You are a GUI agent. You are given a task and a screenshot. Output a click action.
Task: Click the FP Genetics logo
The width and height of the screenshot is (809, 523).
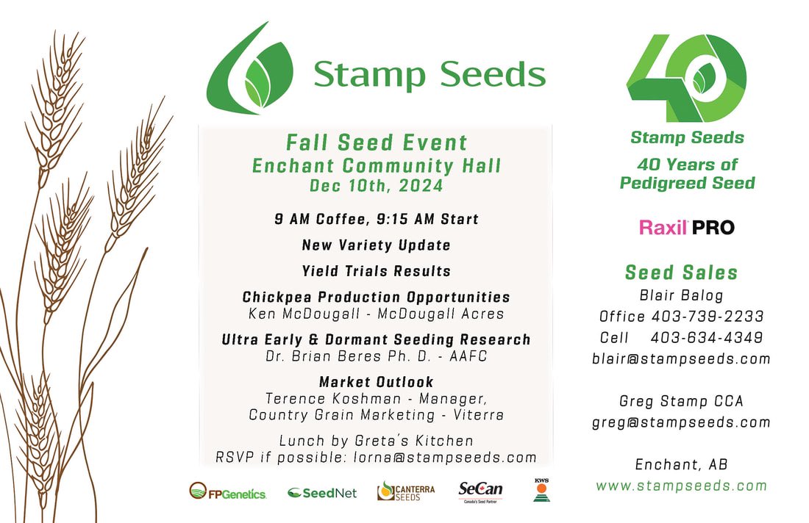pos(227,491)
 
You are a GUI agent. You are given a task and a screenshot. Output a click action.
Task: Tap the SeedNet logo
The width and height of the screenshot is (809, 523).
pos(321,492)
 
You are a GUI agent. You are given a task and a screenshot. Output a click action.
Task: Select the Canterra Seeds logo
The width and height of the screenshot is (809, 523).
pos(405,491)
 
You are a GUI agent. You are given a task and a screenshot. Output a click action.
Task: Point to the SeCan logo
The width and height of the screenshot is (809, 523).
pos(480,490)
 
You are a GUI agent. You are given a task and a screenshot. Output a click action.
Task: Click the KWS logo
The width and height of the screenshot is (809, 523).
pos(541,490)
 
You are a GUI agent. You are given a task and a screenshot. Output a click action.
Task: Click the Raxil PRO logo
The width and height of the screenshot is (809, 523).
pos(686,227)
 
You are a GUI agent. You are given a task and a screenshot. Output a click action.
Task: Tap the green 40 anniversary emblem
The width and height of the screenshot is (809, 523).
pos(685,78)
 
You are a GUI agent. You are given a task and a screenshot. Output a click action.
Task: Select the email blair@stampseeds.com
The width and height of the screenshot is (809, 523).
pos(681,359)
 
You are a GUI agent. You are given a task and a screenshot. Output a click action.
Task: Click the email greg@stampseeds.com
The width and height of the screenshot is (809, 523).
pos(681,422)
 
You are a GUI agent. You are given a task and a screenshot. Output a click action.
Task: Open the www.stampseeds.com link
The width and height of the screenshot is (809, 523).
pos(681,486)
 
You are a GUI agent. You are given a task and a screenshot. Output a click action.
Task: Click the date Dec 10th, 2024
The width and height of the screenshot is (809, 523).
pos(377,186)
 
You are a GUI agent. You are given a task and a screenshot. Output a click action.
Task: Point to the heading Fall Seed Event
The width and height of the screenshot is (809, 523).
pos(377,142)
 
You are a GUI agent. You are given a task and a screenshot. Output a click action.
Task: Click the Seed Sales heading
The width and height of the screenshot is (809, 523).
pos(681,273)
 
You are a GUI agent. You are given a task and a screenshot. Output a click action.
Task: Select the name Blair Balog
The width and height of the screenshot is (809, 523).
pos(681,295)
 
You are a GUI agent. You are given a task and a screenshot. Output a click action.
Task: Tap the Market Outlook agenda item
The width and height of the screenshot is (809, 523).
pos(377,382)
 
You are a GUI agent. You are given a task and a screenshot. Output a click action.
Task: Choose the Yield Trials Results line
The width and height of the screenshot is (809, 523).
pos(377,271)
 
